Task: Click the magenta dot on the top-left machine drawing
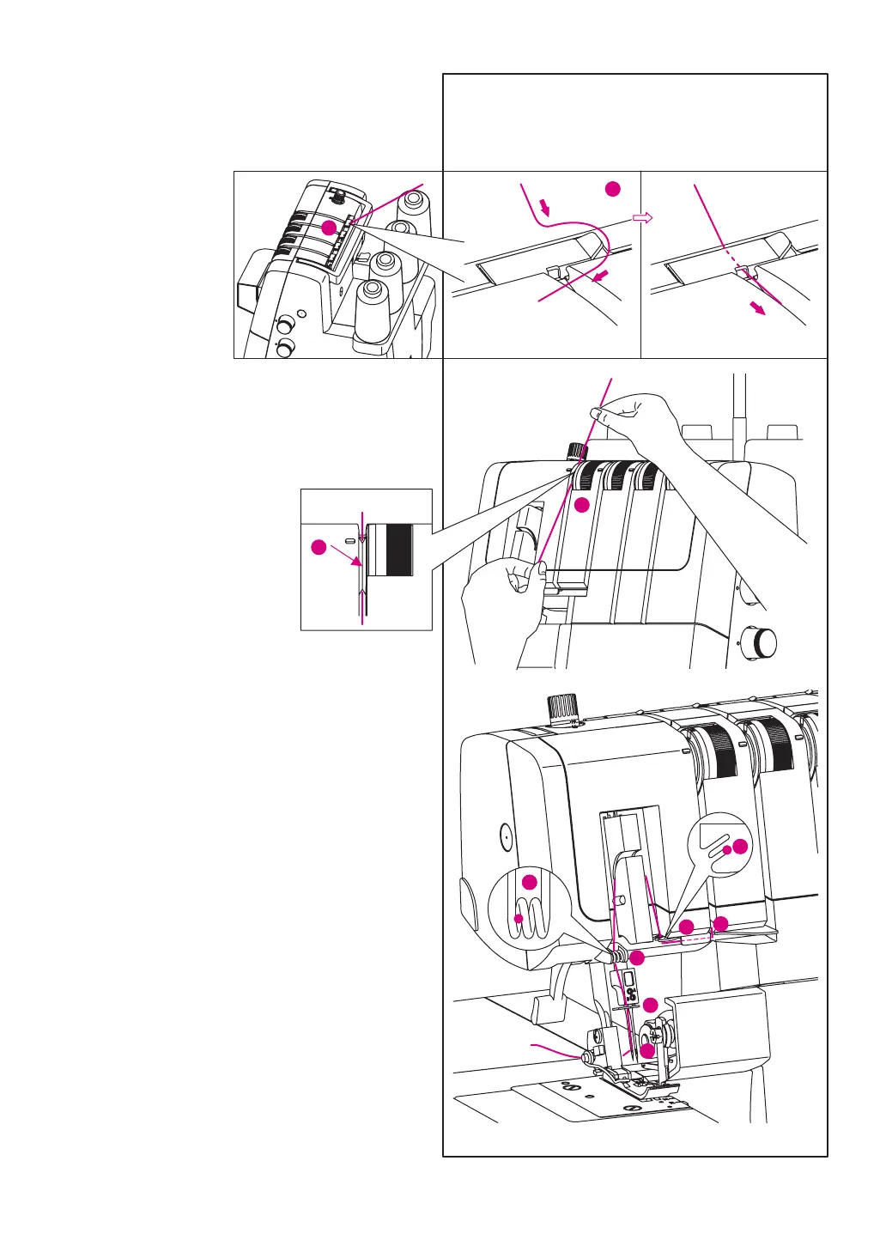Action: pos(328,228)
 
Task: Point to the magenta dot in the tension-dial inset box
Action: pos(319,547)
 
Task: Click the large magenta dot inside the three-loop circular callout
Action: pos(530,881)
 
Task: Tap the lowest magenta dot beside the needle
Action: pos(647,1049)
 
